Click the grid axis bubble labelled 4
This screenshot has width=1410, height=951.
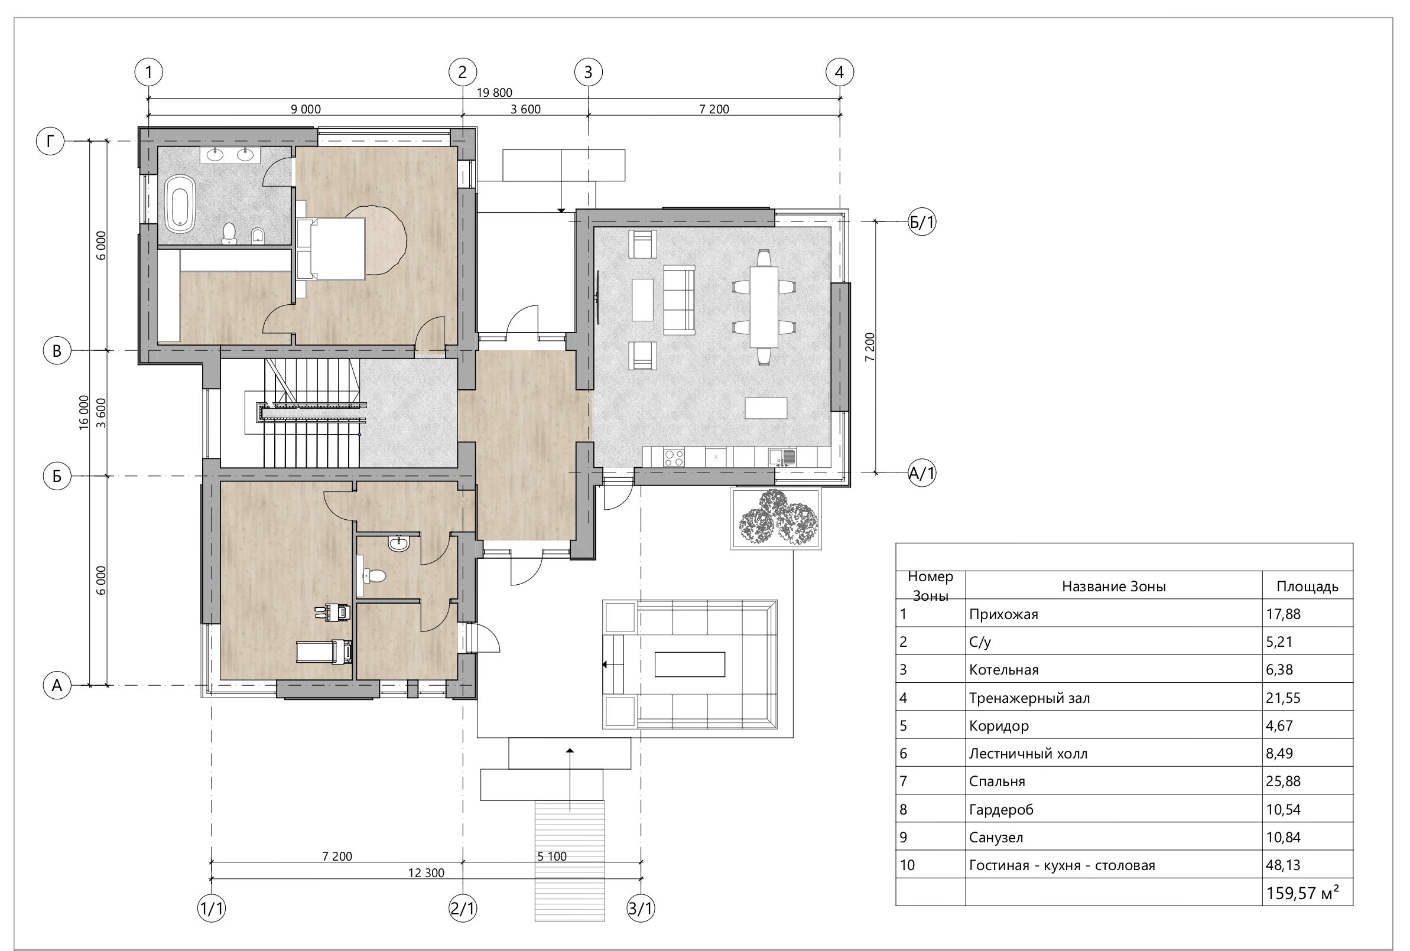840,72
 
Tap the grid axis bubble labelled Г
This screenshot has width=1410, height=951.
50,141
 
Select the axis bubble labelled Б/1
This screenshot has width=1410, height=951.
922,223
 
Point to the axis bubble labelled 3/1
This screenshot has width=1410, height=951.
641,908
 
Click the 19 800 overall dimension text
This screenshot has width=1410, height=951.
495,92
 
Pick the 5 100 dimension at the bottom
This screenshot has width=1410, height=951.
552,856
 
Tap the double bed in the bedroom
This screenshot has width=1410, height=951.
331,249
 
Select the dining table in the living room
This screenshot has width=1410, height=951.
764,308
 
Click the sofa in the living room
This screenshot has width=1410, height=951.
679,299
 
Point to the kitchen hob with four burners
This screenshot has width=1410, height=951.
674,457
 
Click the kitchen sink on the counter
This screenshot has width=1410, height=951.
782,457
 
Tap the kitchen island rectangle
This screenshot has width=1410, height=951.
766,408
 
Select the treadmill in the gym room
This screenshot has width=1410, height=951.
324,652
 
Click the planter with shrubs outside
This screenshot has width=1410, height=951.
776,519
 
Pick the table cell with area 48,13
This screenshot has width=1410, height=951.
1282,865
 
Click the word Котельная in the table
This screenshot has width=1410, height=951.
1003,670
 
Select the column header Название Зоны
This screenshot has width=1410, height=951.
1114,587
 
